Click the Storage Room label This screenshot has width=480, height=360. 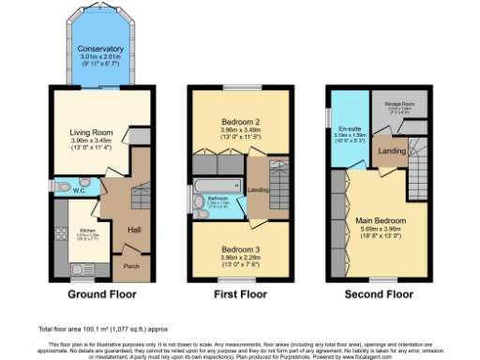[x=393, y=106]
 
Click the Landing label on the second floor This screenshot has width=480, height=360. [x=391, y=151]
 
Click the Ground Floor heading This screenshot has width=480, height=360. [x=98, y=293]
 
